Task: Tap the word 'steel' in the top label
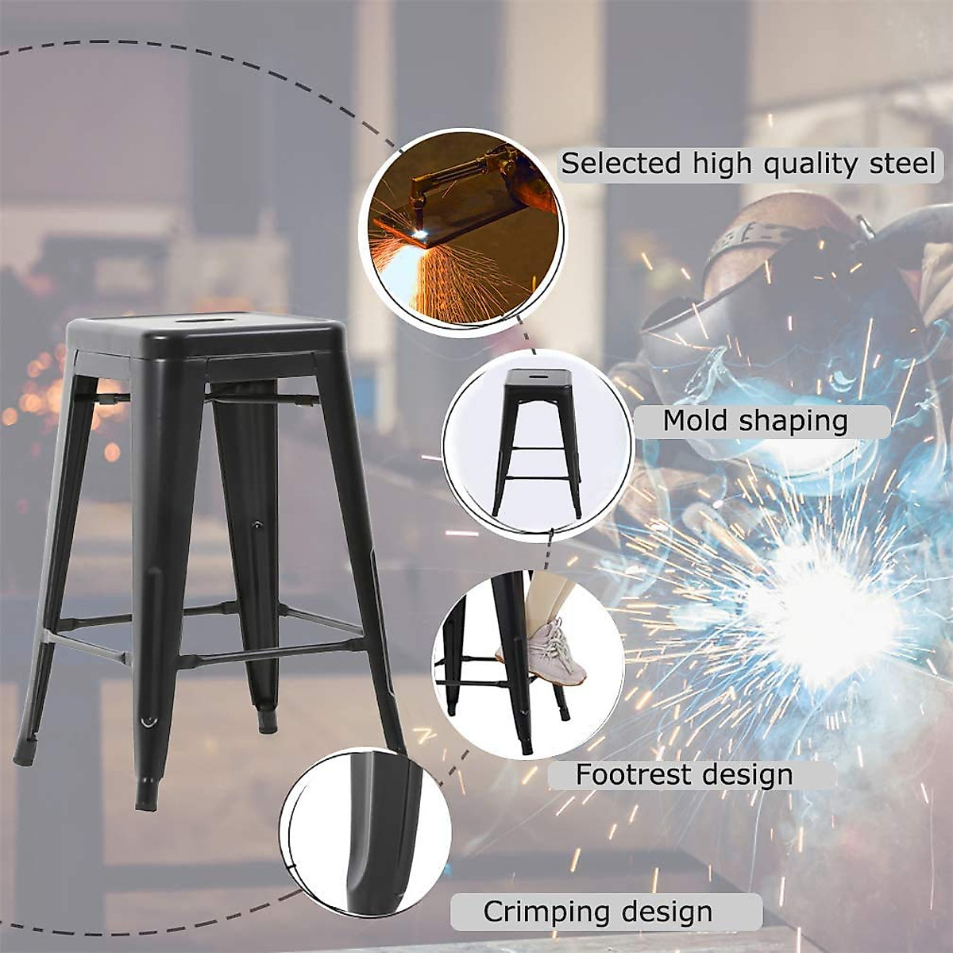coord(901,164)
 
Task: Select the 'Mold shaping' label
coord(755,421)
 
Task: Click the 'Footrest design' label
coord(684,774)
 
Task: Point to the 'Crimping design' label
coord(597,912)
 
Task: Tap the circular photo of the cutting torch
coord(461,230)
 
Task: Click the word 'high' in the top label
coord(721,164)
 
